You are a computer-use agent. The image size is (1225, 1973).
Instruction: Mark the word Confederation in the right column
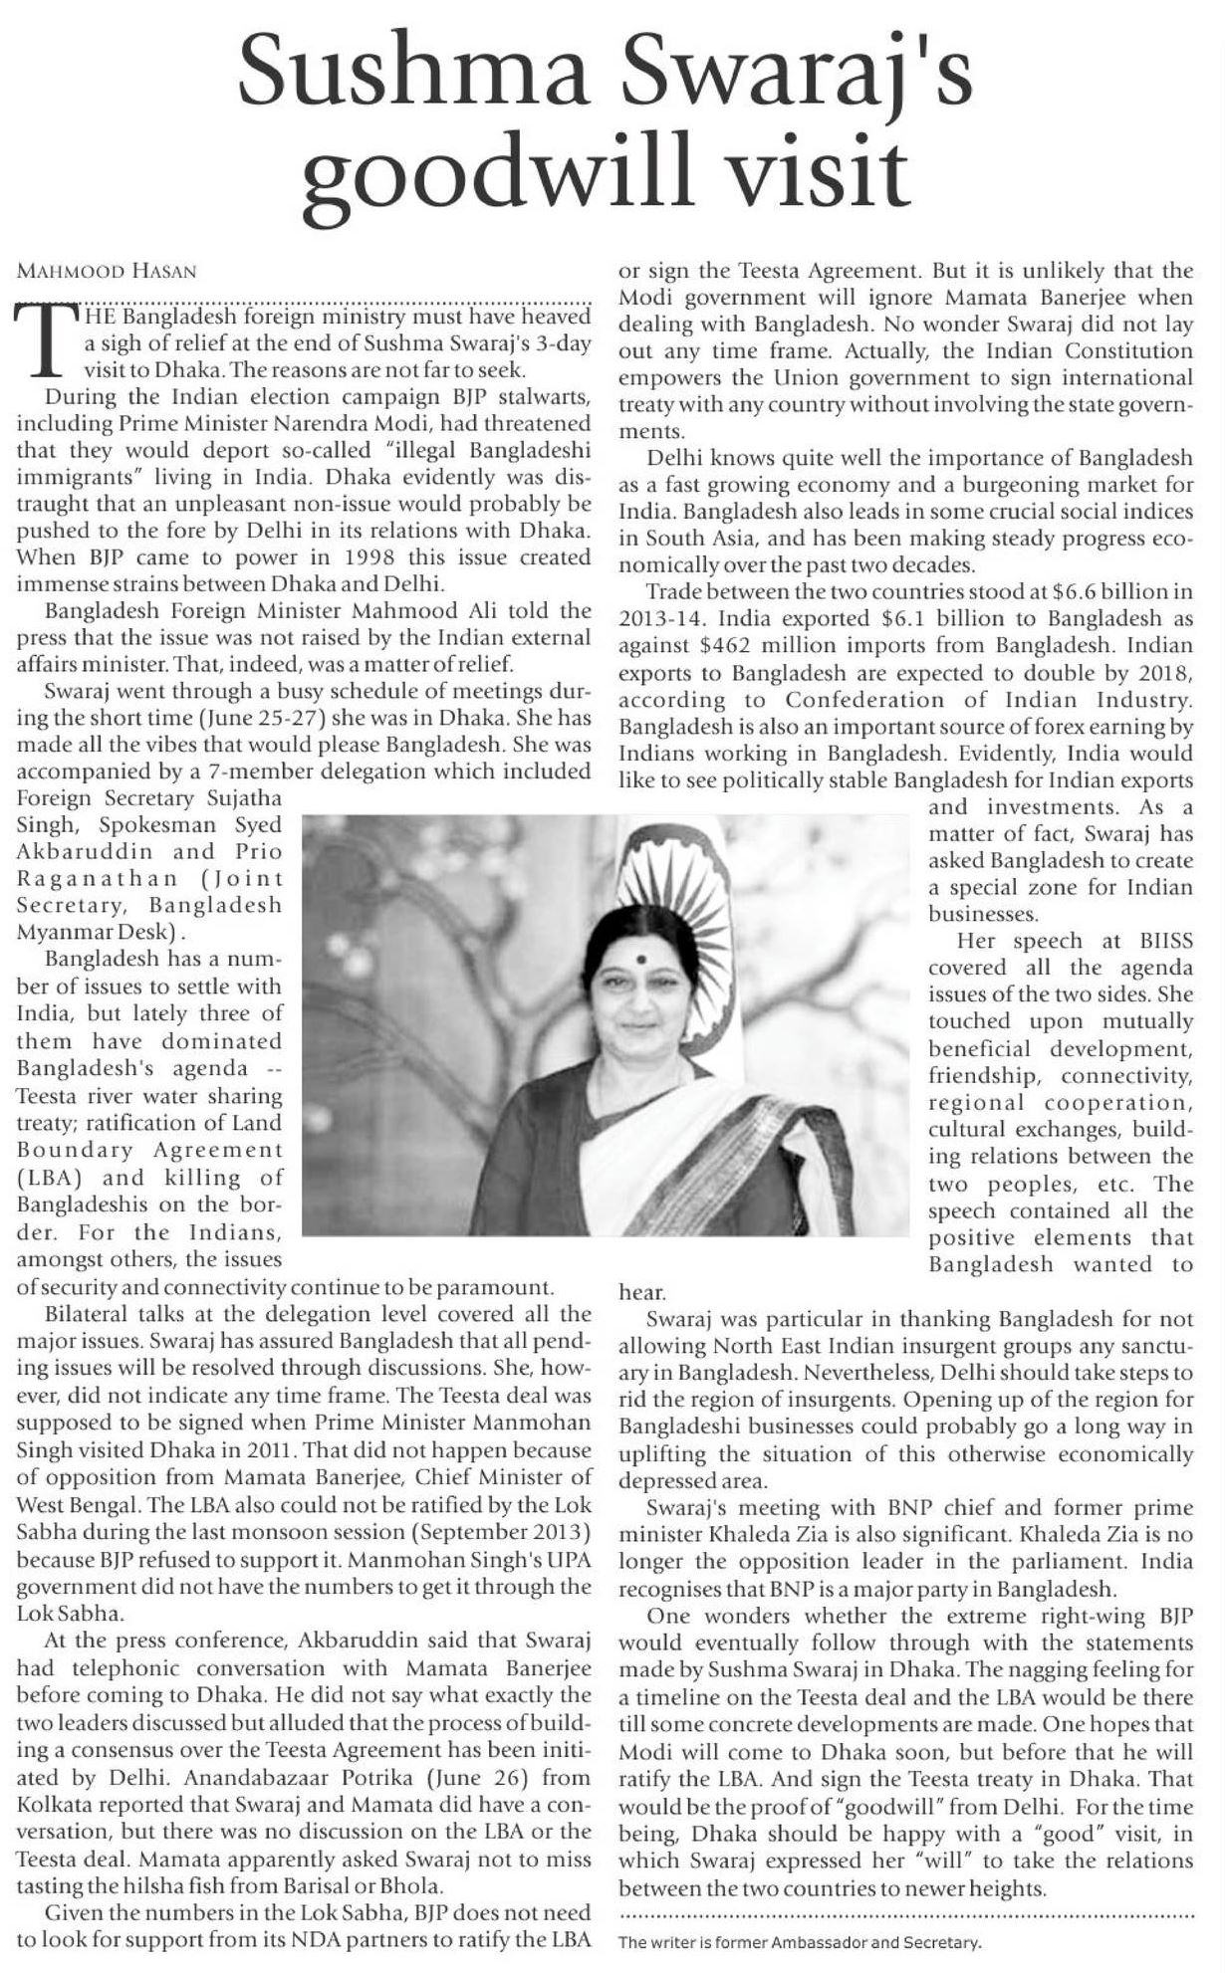[x=853, y=700]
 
